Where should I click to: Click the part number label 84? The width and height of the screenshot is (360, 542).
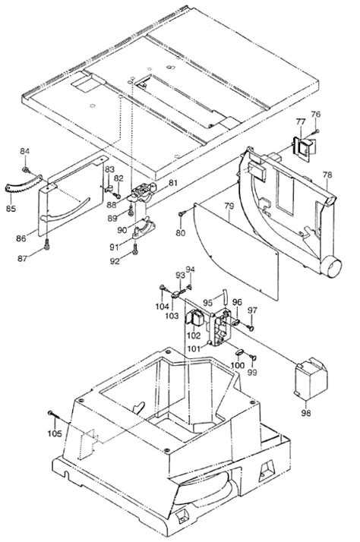pos(24,150)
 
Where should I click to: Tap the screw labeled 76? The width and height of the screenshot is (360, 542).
pos(317,131)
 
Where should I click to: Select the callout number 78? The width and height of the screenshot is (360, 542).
pos(327,174)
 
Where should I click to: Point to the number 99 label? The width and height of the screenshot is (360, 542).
pos(253,372)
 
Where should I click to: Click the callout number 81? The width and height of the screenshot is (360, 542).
pos(172,183)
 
